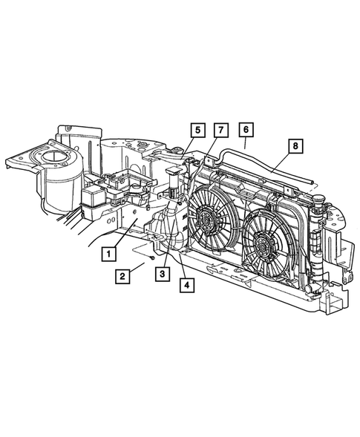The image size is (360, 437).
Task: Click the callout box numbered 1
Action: tap(108, 253)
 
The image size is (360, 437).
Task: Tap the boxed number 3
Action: tap(160, 275)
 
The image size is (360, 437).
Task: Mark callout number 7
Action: tap(220, 131)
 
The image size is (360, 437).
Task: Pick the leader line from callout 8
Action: tap(283, 162)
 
